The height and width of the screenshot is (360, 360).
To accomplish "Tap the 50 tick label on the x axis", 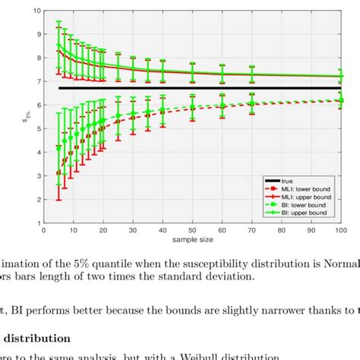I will pos(192,229).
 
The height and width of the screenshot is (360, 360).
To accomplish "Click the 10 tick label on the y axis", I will pos(36,11).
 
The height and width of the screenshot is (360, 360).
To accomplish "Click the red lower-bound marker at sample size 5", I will pos(58,173).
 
